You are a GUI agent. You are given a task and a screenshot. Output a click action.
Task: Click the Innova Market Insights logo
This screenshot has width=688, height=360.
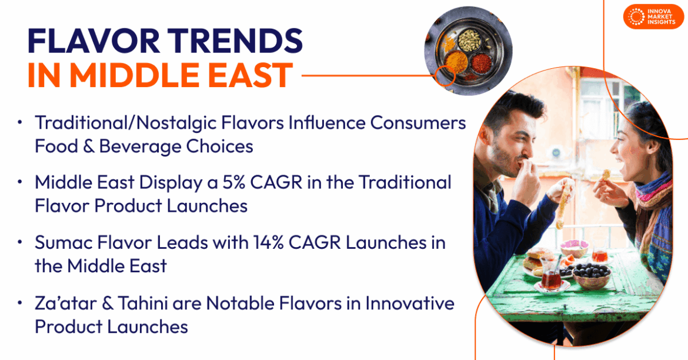click(x=653, y=16)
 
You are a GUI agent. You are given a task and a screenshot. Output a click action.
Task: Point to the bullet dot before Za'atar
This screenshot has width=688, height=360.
click(x=21, y=304)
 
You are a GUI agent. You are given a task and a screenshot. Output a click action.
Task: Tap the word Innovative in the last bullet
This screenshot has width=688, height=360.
click(x=410, y=303)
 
